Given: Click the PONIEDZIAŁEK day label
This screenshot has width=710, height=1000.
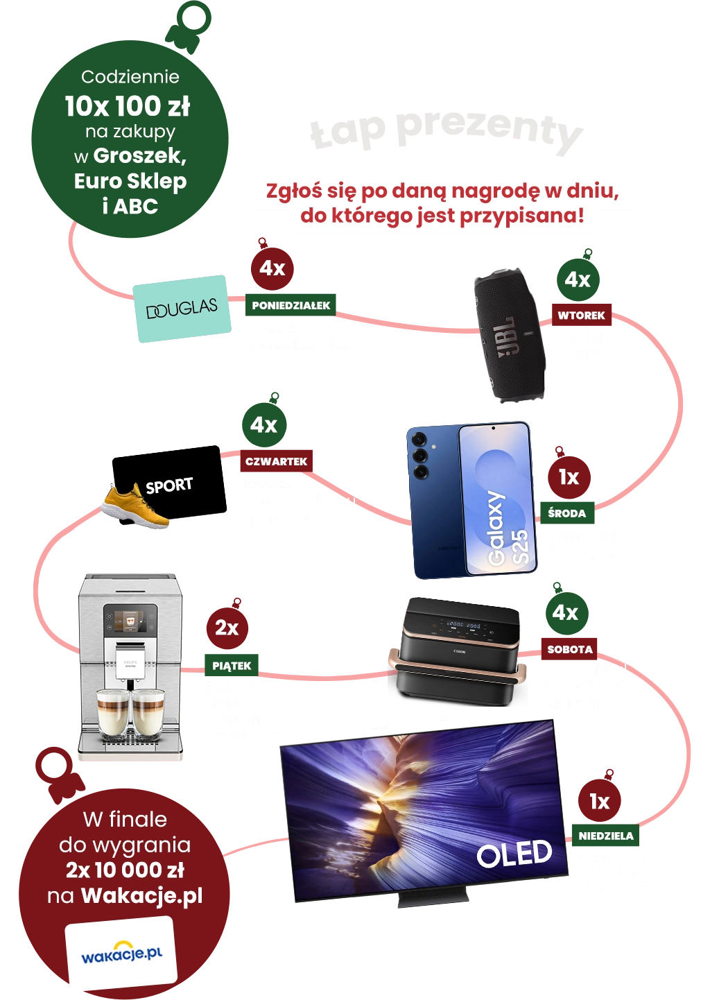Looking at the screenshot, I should [x=291, y=305].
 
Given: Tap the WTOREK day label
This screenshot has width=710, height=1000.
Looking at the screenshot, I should [x=581, y=316].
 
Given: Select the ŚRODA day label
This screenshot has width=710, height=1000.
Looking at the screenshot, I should [x=566, y=514].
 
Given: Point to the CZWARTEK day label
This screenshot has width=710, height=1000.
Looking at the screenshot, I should [x=276, y=462].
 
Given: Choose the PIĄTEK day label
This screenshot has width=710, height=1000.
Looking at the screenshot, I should [x=232, y=666].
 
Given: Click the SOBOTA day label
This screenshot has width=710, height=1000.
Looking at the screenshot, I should [x=569, y=650].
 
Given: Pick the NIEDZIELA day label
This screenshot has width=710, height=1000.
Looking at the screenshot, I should [x=605, y=836].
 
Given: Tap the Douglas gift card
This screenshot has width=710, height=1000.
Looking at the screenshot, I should [x=182, y=309].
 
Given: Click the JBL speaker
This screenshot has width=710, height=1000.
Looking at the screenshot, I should [x=509, y=334].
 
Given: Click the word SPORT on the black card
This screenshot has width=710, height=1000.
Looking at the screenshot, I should [x=169, y=485].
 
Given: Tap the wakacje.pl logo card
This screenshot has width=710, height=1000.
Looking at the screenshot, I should [x=121, y=954].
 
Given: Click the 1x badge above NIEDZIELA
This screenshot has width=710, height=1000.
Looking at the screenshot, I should [x=599, y=802].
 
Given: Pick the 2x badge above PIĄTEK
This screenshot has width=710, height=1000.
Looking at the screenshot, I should [x=226, y=628].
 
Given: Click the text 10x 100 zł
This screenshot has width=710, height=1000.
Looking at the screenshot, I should [x=127, y=106].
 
